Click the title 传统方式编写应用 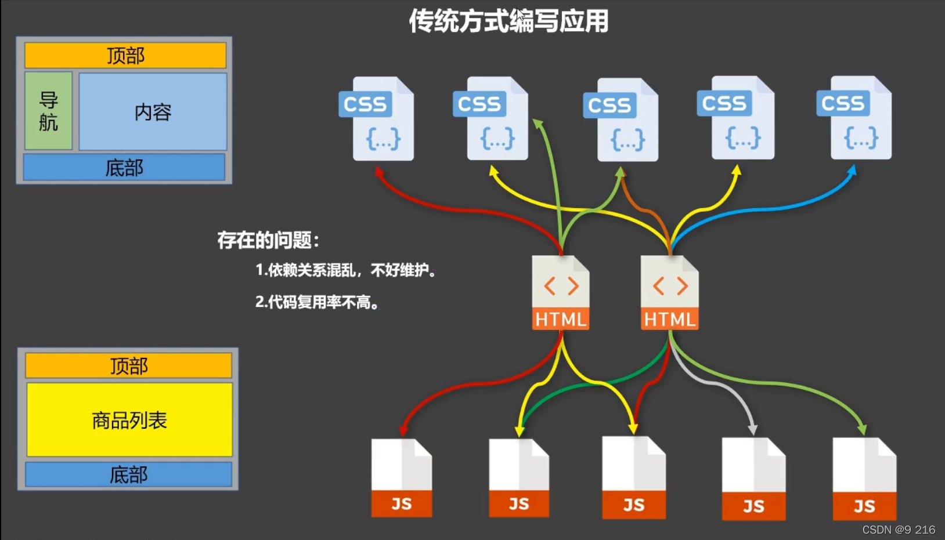pyautogui.click(x=508, y=21)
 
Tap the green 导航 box pyautogui.click(x=49, y=111)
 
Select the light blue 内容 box pyautogui.click(x=153, y=112)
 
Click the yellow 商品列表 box pyautogui.click(x=129, y=420)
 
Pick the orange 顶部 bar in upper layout pyautogui.click(x=125, y=56)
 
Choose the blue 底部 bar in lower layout pyautogui.click(x=128, y=474)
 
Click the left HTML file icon pyautogui.click(x=561, y=293)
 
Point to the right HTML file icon pyautogui.click(x=669, y=293)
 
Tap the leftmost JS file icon pyautogui.click(x=402, y=478)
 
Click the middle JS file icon pyautogui.click(x=634, y=478)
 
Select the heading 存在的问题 pyautogui.click(x=268, y=240)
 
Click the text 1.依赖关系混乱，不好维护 pyautogui.click(x=346, y=270)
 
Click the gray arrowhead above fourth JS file pyautogui.click(x=752, y=429)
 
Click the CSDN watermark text pyautogui.click(x=899, y=530)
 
